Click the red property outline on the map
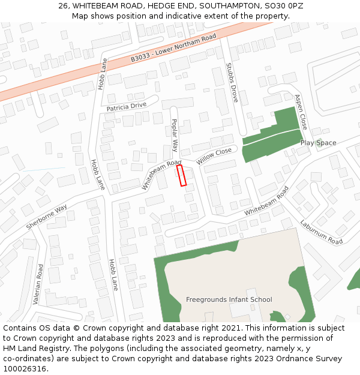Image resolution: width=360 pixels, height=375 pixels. [182, 175]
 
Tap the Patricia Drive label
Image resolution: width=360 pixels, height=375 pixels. [127, 106]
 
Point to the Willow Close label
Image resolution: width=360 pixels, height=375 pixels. [214, 157]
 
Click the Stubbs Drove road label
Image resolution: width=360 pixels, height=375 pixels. [232, 83]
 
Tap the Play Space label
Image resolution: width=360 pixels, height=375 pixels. [318, 143]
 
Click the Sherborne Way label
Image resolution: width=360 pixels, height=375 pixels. [46, 217]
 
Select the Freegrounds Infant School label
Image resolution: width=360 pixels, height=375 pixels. [229, 299]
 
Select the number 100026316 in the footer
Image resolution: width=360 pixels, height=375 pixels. [24, 369]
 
